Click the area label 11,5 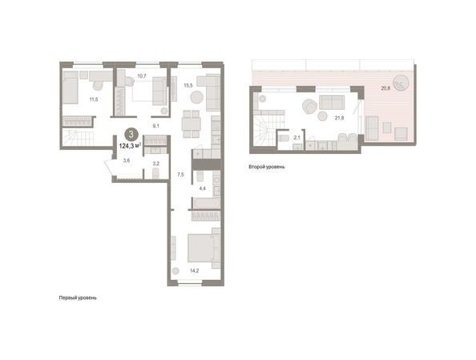coord(94,99)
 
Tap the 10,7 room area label coord(142,76)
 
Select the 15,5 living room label coord(188,85)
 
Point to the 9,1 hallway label coord(156,126)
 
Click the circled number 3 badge coord(131,134)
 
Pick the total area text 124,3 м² coord(130,146)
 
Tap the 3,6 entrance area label coord(127,160)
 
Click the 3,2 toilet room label coord(156,164)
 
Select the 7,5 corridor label coord(180,175)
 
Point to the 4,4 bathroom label coord(203,188)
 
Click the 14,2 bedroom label coord(194,271)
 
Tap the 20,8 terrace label coord(385,88)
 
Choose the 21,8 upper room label coord(340,118)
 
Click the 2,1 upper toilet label coord(296,138)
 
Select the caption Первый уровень coord(78,298)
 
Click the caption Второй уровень coord(267,167)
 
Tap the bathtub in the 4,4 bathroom coord(207,203)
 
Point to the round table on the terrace coord(401,83)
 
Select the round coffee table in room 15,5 coord(196,98)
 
